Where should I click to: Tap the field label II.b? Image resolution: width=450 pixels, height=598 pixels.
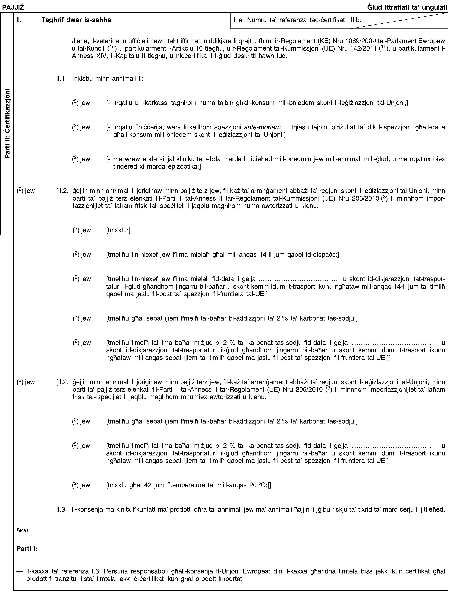pos(356,20)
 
